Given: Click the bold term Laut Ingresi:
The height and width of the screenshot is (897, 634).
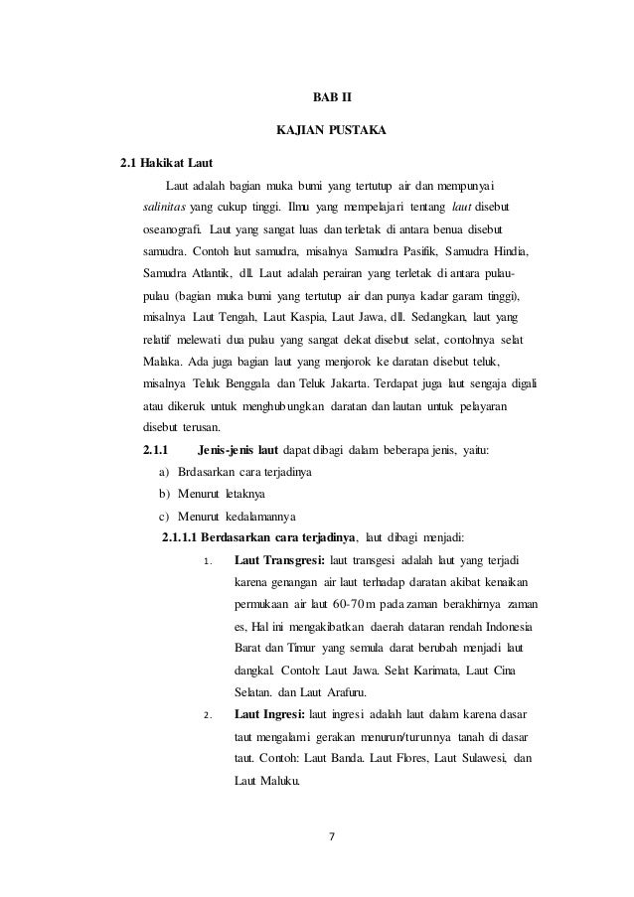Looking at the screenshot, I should coord(267,713).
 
